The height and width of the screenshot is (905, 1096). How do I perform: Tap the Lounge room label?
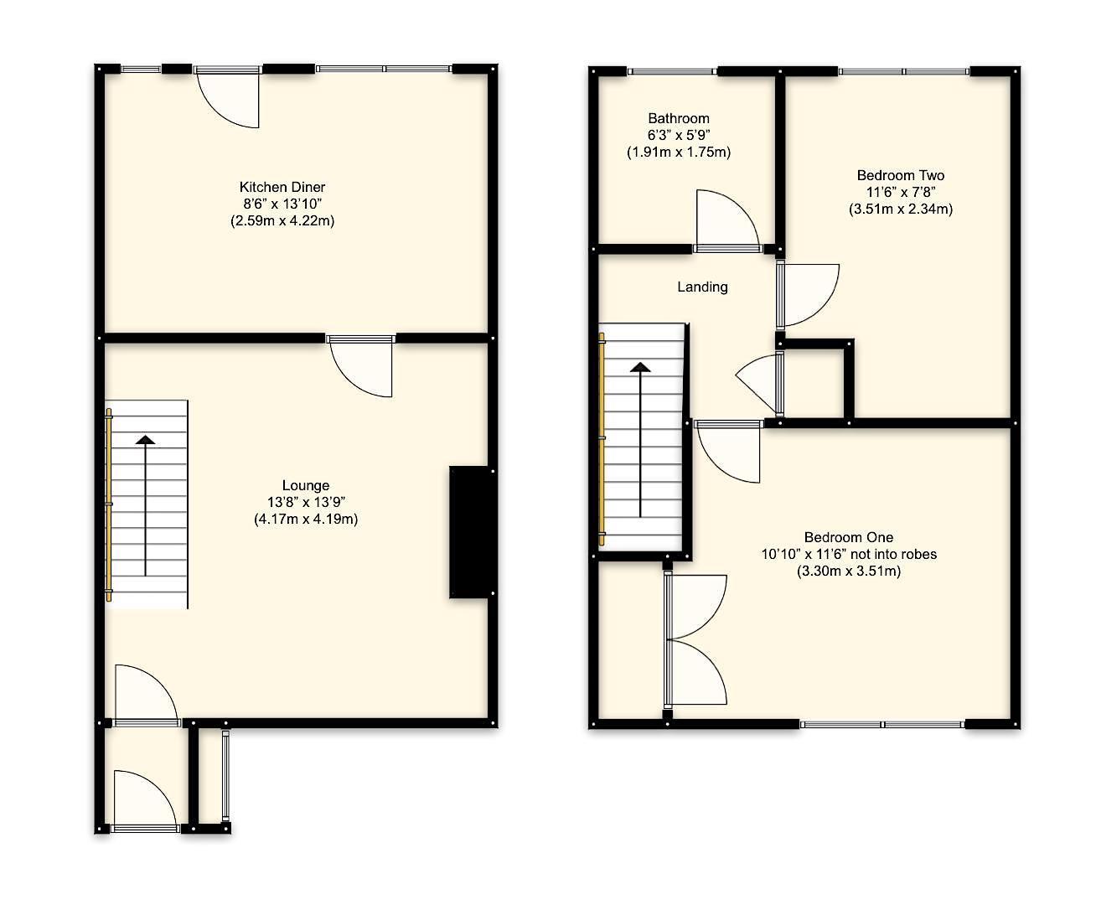click(x=306, y=485)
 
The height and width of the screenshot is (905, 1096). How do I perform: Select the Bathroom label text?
click(x=679, y=119)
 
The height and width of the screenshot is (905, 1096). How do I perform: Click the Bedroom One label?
click(x=848, y=537)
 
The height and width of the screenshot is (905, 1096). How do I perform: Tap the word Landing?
click(x=702, y=287)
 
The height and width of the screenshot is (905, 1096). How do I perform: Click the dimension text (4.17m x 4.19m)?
click(x=306, y=519)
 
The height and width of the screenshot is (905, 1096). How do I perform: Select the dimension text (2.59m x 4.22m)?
click(x=282, y=221)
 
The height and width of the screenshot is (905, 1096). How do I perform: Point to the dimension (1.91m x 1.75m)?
click(x=679, y=153)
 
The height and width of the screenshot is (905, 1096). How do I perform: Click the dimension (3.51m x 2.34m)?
click(x=900, y=209)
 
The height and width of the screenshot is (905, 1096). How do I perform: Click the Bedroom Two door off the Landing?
click(x=806, y=293)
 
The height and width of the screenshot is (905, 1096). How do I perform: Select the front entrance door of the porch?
click(x=144, y=802)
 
